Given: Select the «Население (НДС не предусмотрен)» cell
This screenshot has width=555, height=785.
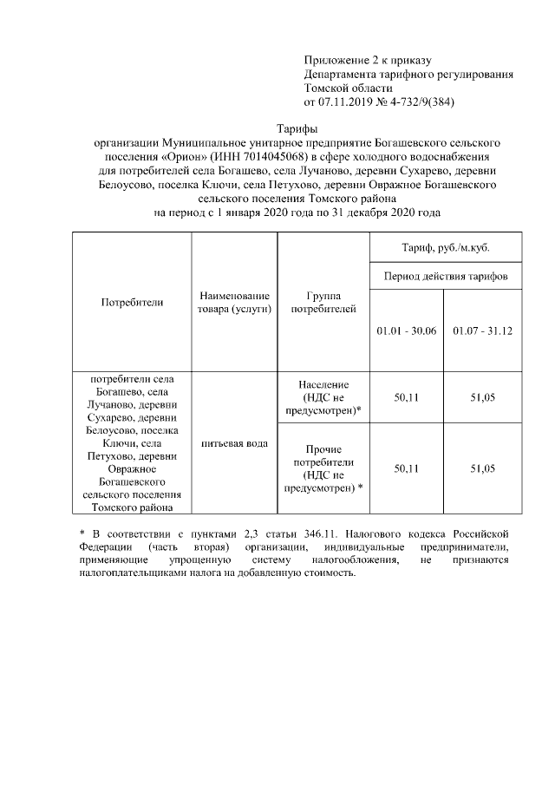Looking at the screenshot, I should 323,397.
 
